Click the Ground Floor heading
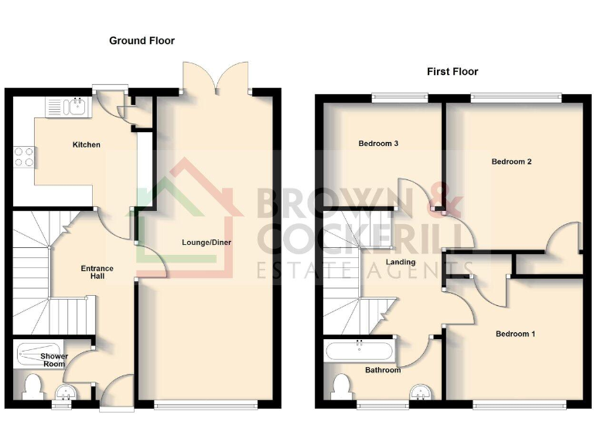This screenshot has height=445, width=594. [x=142, y=40]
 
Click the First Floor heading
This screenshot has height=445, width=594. [x=452, y=71]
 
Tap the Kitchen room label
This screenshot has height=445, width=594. [x=86, y=144]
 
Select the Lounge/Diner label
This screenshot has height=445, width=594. [x=207, y=242]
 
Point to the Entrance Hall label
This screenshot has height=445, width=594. [x=97, y=273]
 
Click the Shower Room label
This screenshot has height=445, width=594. [x=54, y=360]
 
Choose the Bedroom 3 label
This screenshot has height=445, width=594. [x=379, y=144]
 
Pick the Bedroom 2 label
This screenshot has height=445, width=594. [x=511, y=161]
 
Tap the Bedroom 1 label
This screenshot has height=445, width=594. [x=515, y=334]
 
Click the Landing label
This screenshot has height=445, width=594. [x=402, y=262]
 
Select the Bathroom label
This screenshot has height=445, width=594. [x=383, y=370]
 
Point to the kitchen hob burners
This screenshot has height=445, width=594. [x=24, y=157]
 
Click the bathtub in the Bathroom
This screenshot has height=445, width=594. [x=360, y=352]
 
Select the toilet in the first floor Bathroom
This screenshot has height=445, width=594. [x=342, y=385]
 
